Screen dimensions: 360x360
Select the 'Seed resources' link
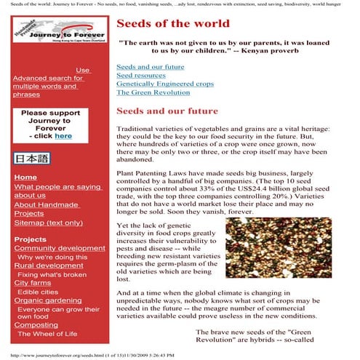(x=140, y=76)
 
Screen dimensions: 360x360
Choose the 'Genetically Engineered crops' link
(x=165, y=84)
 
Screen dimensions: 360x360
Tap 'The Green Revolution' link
(x=151, y=93)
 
